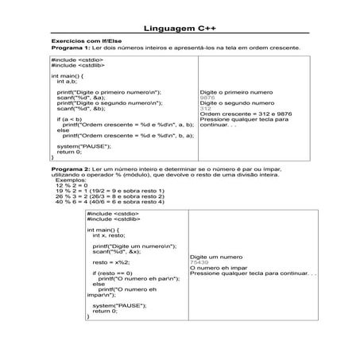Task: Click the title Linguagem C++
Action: [180, 28]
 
